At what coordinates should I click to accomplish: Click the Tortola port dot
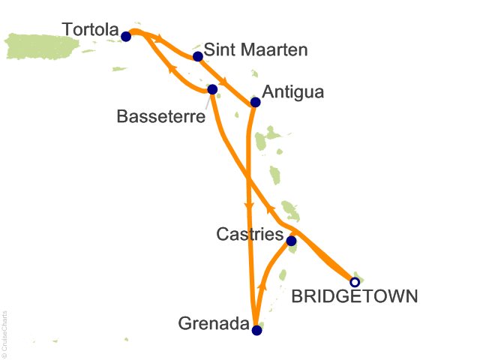(x=126, y=36)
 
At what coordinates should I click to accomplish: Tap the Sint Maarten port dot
(x=198, y=56)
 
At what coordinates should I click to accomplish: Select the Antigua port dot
(x=255, y=102)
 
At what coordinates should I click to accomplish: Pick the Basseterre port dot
(x=212, y=89)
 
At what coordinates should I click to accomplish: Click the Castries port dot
(x=292, y=241)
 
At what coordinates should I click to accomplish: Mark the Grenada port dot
(x=256, y=330)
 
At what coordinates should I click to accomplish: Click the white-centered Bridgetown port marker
(x=355, y=283)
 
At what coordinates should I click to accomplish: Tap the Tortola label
(x=90, y=30)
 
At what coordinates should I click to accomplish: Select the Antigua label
(x=293, y=93)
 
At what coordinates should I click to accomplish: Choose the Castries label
(x=250, y=235)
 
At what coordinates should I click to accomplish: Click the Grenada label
(x=213, y=325)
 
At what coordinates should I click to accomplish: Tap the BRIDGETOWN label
(x=353, y=298)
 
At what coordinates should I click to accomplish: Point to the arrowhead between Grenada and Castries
(x=263, y=286)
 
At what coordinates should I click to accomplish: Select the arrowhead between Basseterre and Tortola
(x=172, y=70)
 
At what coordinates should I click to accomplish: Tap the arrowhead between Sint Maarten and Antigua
(x=224, y=79)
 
